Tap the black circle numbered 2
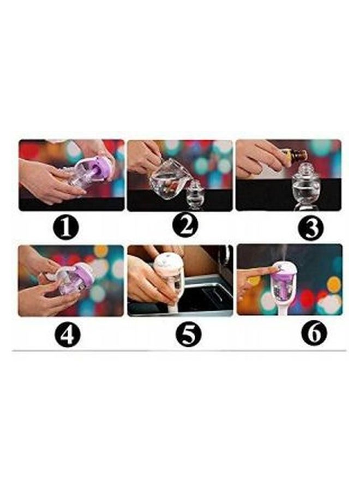point(187,225)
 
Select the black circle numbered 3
point(311,228)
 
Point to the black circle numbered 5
point(188,334)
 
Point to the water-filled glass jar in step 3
point(305,188)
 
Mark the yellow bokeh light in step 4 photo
point(100,251)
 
